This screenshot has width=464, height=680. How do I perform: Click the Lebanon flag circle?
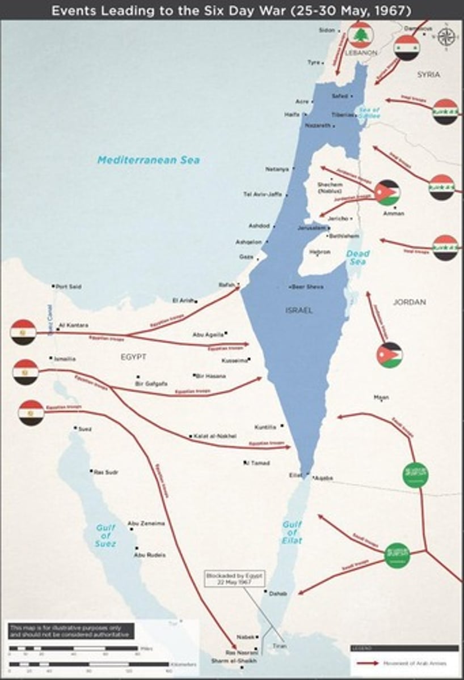(360, 35)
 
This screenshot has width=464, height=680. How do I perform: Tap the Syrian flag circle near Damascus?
(407, 48)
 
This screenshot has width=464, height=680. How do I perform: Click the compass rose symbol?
(446, 36)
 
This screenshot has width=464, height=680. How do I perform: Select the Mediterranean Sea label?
(149, 160)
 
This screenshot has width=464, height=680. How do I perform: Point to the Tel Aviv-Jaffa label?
(262, 194)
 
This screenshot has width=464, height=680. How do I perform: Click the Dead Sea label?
(358, 258)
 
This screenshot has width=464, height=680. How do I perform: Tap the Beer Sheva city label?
(309, 287)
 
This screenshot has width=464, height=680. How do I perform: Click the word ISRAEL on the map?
(299, 311)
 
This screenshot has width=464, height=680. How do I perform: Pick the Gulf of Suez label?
(106, 535)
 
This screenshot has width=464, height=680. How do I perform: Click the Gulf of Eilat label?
(292, 533)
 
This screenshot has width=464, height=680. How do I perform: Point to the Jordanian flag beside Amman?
(387, 193)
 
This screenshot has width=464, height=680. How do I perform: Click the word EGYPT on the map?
(133, 356)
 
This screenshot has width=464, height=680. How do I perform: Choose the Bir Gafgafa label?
(151, 384)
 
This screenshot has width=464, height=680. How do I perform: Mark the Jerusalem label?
(311, 227)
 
